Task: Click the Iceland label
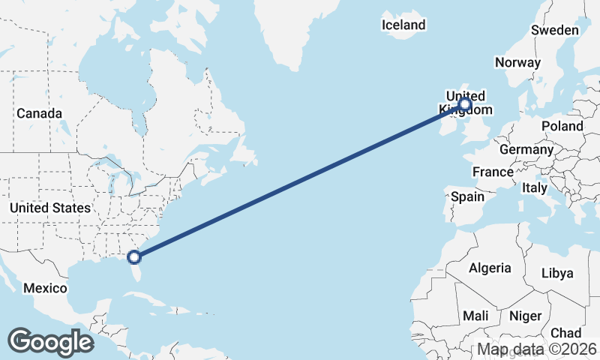pos(403,25)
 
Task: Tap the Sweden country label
pos(554,30)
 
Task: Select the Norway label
pos(517,62)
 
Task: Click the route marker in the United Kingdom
pos(465,104)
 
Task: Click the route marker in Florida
pos(134,257)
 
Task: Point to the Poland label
pos(562,126)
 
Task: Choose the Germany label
pos(526,149)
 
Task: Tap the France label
pos(493,172)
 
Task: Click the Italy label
pos(535,187)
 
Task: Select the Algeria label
pos(490,268)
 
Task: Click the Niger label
pos(524,316)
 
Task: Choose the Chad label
pos(565,332)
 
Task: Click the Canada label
pos(39,113)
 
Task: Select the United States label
pos(50,208)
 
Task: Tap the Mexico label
pos(45,288)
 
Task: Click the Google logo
pos(50,342)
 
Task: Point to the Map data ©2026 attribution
pos(537,349)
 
